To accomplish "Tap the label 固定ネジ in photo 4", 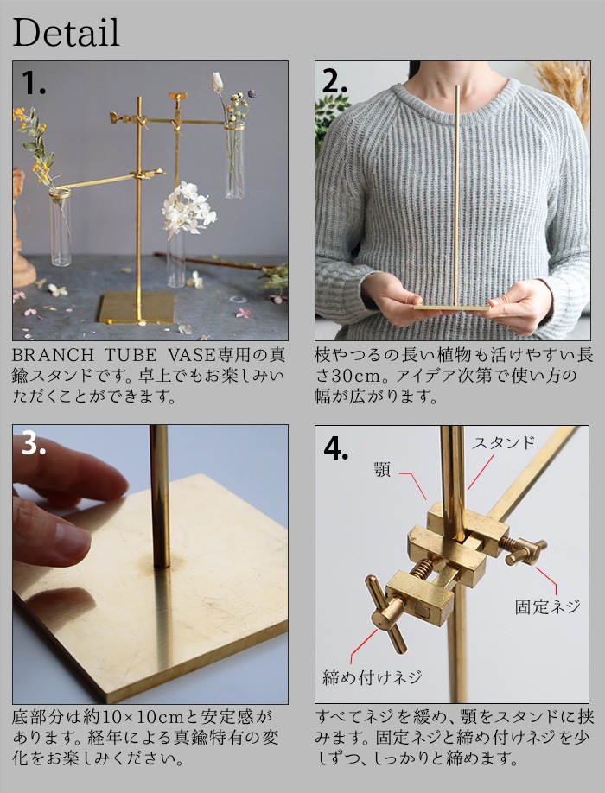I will coord(546,606).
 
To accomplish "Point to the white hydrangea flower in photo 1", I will coord(188,208).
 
